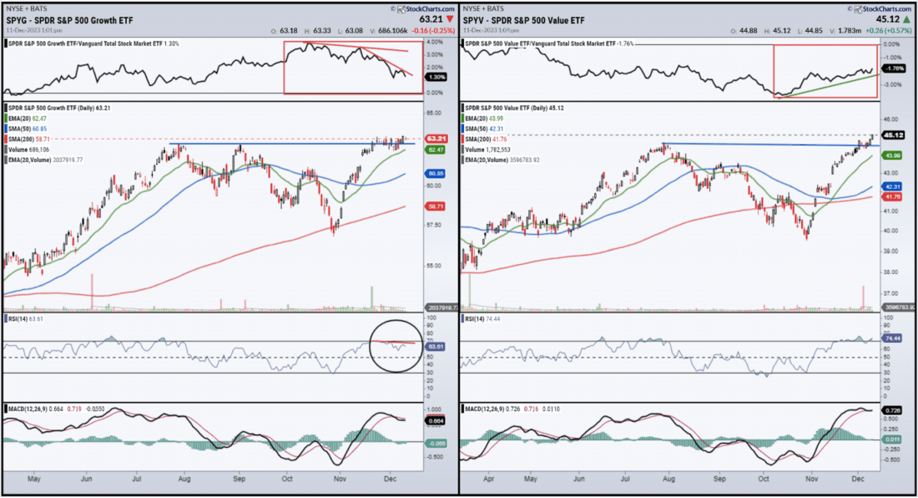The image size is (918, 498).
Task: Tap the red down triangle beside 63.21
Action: click(450, 17)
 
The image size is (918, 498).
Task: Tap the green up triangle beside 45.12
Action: click(906, 17)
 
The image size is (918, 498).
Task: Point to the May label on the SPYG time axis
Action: click(33, 482)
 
